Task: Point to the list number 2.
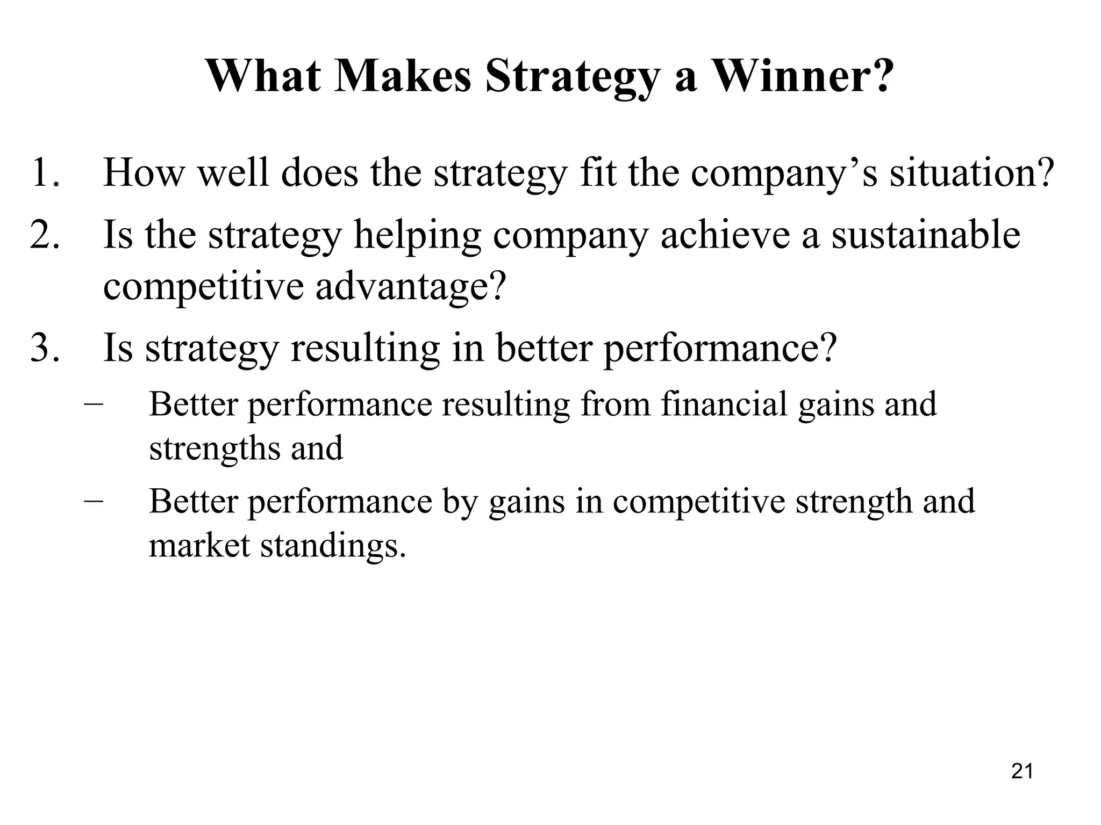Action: pyautogui.click(x=44, y=235)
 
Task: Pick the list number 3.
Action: pyautogui.click(x=44, y=348)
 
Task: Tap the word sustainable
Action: pyautogui.click(x=926, y=235)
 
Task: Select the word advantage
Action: pyautogui.click(x=411, y=286)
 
